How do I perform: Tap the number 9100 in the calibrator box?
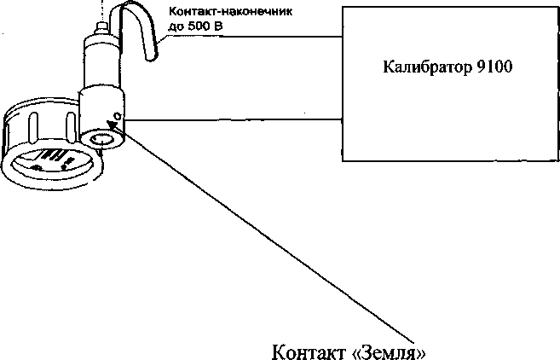pos(492,66)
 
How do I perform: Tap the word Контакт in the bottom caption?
pos(304,351)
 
